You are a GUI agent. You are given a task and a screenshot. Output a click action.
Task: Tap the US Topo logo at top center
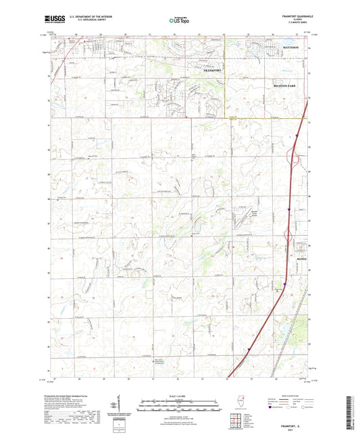tap(179, 21)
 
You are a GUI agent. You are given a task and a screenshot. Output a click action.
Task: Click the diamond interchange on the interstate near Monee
tap(289, 237)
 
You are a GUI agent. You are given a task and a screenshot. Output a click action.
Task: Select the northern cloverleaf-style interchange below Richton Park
tap(295, 159)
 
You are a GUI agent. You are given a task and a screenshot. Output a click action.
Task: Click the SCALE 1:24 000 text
tap(179, 396)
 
